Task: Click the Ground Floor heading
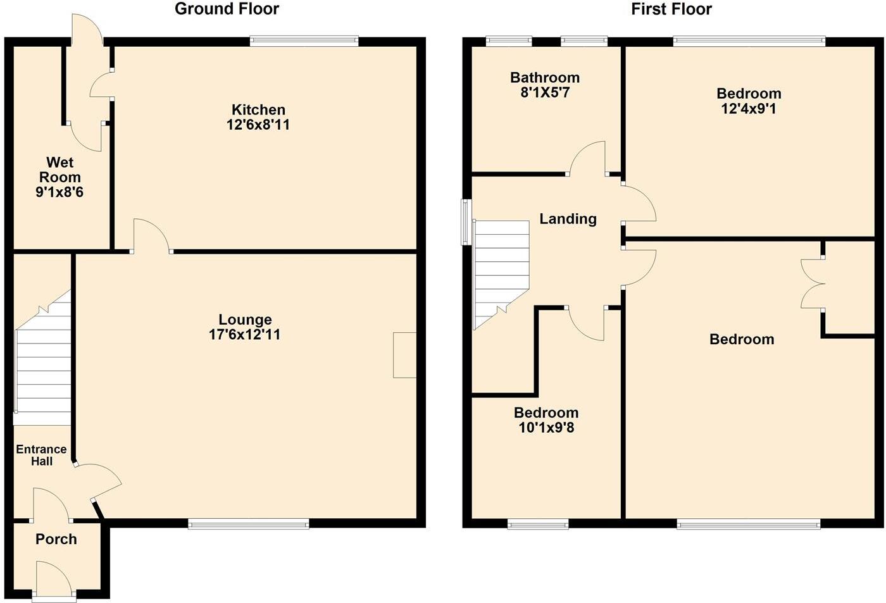pyautogui.click(x=227, y=9)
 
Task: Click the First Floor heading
pyautogui.click(x=671, y=9)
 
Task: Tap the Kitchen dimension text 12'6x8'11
pyautogui.click(x=258, y=125)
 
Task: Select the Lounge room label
pyautogui.click(x=245, y=320)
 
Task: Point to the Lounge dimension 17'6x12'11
pyautogui.click(x=245, y=335)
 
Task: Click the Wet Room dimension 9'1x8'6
pyautogui.click(x=59, y=192)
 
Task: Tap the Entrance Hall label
pyautogui.click(x=41, y=455)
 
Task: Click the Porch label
pyautogui.click(x=56, y=539)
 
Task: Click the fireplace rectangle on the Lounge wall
pyautogui.click(x=404, y=355)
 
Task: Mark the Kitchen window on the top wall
pyautogui.click(x=304, y=41)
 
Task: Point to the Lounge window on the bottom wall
pyautogui.click(x=249, y=523)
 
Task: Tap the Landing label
pyautogui.click(x=568, y=219)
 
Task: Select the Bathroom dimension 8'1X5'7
pyautogui.click(x=545, y=92)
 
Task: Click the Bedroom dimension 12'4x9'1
pyautogui.click(x=749, y=108)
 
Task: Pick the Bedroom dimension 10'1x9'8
pyautogui.click(x=546, y=428)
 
